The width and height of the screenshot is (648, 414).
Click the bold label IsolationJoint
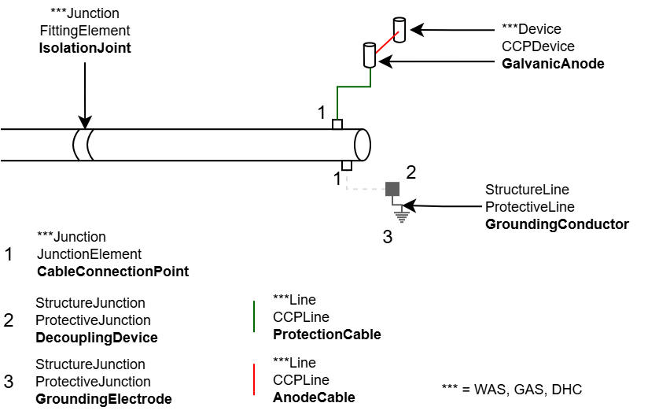[85, 48]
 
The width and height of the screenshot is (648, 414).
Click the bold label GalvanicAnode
[553, 64]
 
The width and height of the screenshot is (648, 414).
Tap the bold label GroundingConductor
[557, 224]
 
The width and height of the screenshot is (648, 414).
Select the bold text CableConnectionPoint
[112, 272]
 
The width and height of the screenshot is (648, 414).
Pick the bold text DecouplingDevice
[97, 338]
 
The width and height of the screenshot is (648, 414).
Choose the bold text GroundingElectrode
[104, 399]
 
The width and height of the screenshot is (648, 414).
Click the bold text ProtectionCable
[326, 335]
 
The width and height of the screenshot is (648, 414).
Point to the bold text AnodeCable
[314, 397]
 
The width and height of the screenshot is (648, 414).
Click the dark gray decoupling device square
[392, 189]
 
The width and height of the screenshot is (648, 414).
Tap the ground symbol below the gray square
[400, 211]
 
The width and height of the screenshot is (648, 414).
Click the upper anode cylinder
[399, 30]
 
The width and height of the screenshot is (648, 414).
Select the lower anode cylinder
[368, 56]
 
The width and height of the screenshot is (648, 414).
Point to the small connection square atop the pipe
[337, 124]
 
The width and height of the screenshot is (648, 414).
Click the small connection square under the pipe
[346, 165]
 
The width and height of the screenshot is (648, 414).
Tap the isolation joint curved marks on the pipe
[83, 145]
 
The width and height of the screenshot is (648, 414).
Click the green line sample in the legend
[253, 316]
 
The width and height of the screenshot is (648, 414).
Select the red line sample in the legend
[253, 379]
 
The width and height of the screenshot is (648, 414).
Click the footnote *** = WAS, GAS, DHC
[512, 390]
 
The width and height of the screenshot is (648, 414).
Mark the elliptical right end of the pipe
[363, 145]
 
